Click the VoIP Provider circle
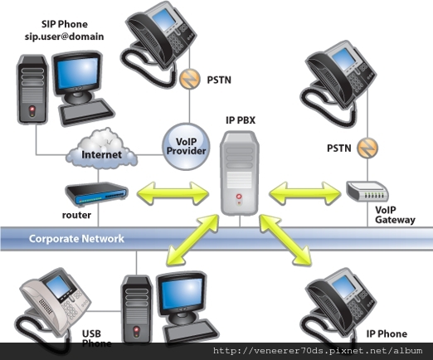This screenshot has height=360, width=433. click(x=186, y=147)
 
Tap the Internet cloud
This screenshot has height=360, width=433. click(x=101, y=149)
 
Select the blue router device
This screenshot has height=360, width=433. click(x=96, y=194)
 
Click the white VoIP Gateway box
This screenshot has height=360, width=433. click(x=367, y=191)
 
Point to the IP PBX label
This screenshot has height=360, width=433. click(x=241, y=120)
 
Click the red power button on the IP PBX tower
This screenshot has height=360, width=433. click(x=239, y=197)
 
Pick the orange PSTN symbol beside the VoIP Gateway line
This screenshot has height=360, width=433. click(x=367, y=148)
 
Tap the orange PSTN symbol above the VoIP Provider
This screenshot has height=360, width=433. click(x=190, y=79)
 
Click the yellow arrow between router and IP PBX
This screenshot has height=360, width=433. click(x=173, y=193)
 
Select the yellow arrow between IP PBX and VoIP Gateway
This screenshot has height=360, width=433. click(x=304, y=193)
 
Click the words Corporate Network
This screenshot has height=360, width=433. click(x=76, y=239)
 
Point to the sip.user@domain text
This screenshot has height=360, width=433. click(x=65, y=36)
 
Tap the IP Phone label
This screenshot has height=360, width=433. click(x=387, y=333)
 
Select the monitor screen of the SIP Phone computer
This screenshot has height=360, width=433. click(x=78, y=72)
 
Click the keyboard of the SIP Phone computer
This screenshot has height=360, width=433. click(x=86, y=111)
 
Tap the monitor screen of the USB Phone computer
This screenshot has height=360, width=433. click(x=182, y=294)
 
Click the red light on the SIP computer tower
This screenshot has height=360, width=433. click(x=32, y=109)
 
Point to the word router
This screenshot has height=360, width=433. click(x=76, y=215)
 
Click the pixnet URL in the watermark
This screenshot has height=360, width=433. click(x=318, y=351)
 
